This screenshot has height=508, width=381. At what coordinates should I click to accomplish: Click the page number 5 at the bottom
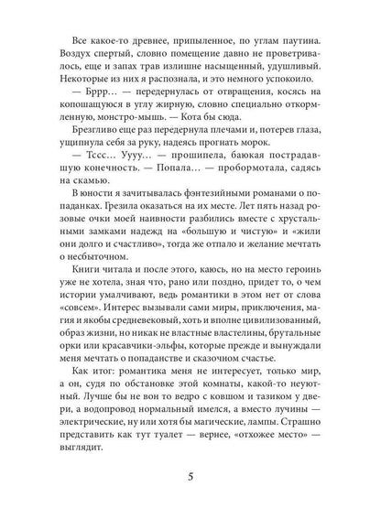190,475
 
